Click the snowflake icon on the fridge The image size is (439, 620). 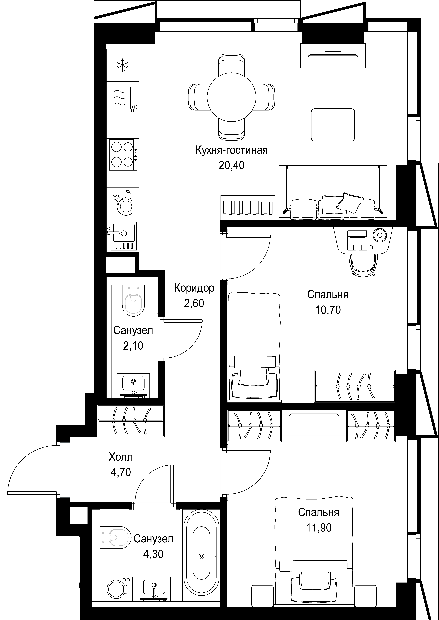pyautogui.click(x=122, y=65)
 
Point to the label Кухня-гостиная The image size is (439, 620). pyautogui.click(x=232, y=150)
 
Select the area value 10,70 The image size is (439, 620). pyautogui.click(x=328, y=310)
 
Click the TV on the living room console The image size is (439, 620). pyautogui.click(x=333, y=56)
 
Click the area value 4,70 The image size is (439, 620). pyautogui.click(x=121, y=472)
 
